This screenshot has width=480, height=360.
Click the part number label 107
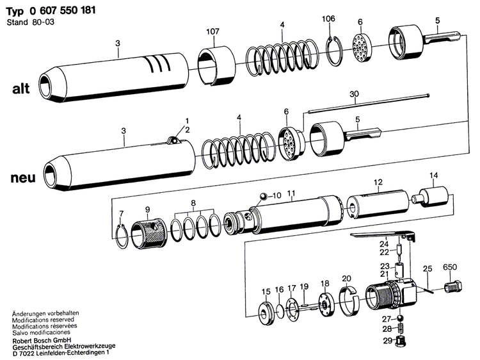coord(212,32)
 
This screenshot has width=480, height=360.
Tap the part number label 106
coord(328,19)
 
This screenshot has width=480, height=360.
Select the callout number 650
coord(450,266)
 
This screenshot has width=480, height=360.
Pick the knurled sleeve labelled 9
coord(147,233)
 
